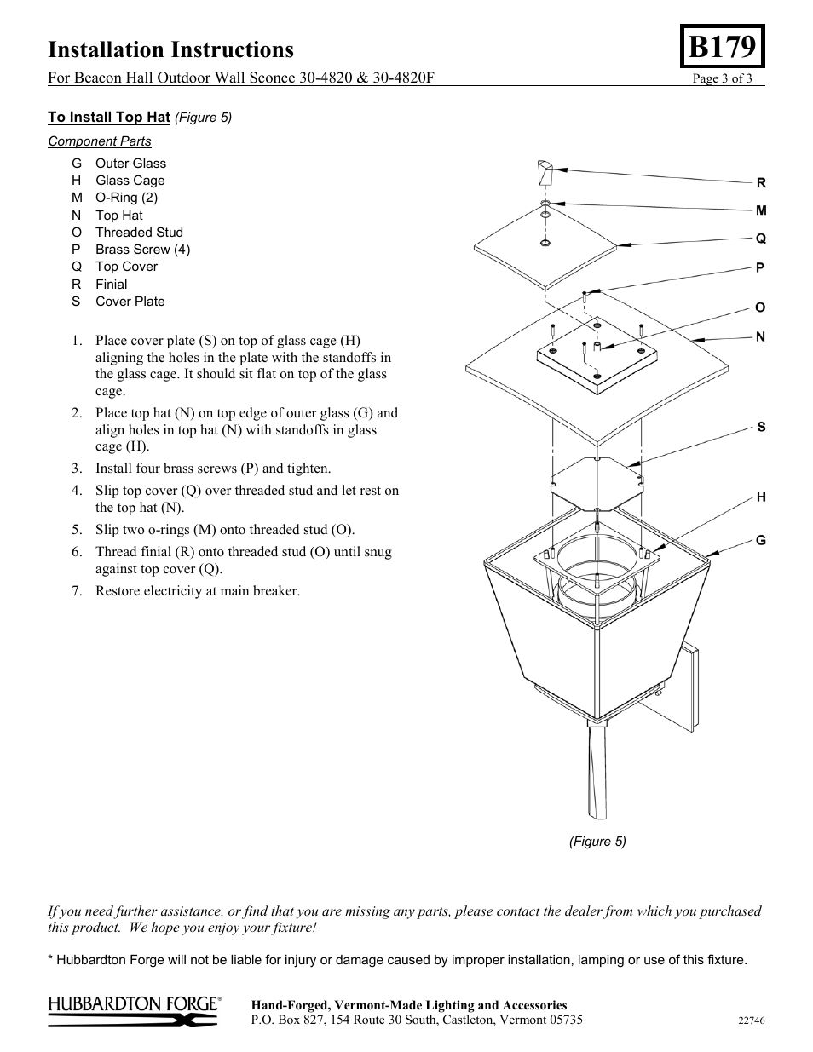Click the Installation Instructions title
point(170,49)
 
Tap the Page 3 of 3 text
point(722,79)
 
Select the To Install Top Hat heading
point(109,117)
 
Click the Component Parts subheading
point(99,141)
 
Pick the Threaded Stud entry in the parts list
point(138,233)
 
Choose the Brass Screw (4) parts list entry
point(141,250)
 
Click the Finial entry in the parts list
point(111,285)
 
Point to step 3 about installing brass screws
point(212,469)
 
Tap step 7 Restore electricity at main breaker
point(197,591)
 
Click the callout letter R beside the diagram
point(761,183)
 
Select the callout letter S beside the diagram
point(761,428)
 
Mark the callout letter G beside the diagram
point(761,541)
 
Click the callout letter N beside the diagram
point(761,337)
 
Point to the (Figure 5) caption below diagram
point(597,842)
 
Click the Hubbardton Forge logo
point(135,1011)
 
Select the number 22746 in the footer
point(751,1020)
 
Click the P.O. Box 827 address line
point(417,1020)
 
